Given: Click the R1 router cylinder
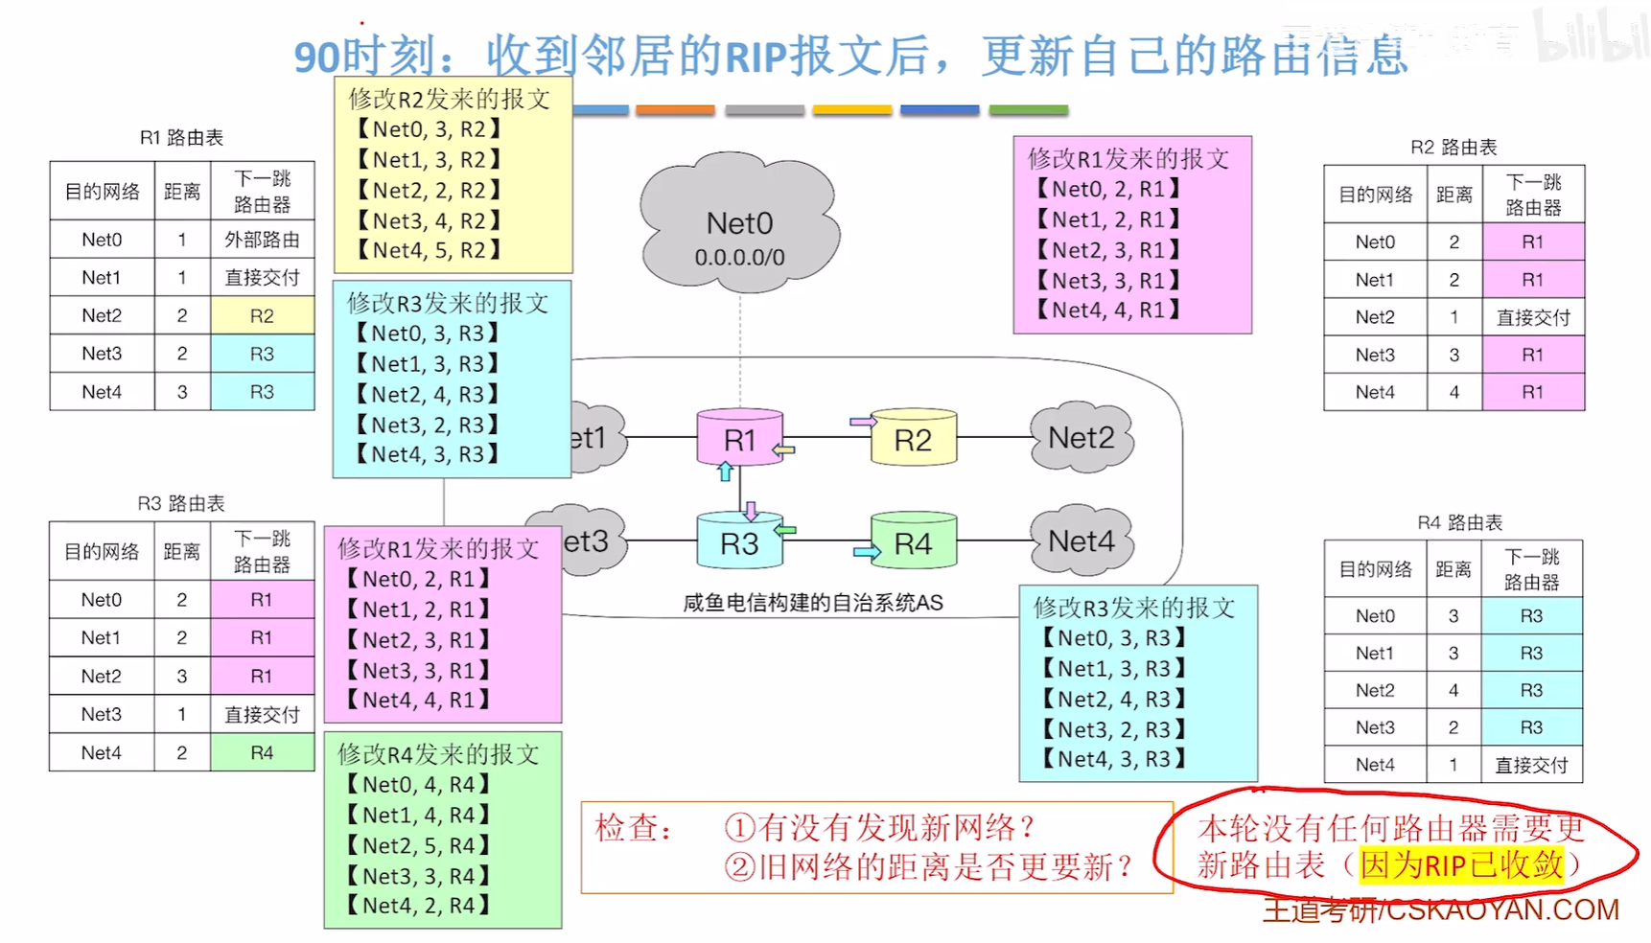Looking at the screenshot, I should pyautogui.click(x=739, y=439).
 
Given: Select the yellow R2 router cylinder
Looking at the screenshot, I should pyautogui.click(x=913, y=439).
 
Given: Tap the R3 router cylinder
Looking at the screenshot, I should pyautogui.click(x=739, y=542).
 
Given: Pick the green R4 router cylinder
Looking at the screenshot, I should pyautogui.click(x=913, y=542).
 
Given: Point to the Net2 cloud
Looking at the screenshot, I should pyautogui.click(x=1081, y=438).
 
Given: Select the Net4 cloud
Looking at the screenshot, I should pyautogui.click(x=1081, y=541).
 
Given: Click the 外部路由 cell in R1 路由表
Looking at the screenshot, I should pyautogui.click(x=262, y=240).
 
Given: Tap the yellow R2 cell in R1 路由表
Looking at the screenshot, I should pyautogui.click(x=262, y=315).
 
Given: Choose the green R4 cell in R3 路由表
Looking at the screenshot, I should pyautogui.click(x=262, y=752).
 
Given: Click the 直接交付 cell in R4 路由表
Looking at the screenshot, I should pyautogui.click(x=1531, y=765).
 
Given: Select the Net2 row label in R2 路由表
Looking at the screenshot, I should pyautogui.click(x=1375, y=317).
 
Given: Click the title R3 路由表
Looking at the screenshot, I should pyautogui.click(x=180, y=503).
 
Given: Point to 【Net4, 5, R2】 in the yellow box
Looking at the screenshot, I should pyautogui.click(x=429, y=250).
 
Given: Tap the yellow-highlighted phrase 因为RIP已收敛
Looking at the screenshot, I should pyautogui.click(x=1461, y=865).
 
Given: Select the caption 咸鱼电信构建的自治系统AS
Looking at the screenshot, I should pyautogui.click(x=812, y=603).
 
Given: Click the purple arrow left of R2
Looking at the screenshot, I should pyautogui.click(x=862, y=421).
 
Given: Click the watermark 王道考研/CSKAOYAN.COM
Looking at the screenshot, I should pyautogui.click(x=1440, y=910).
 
